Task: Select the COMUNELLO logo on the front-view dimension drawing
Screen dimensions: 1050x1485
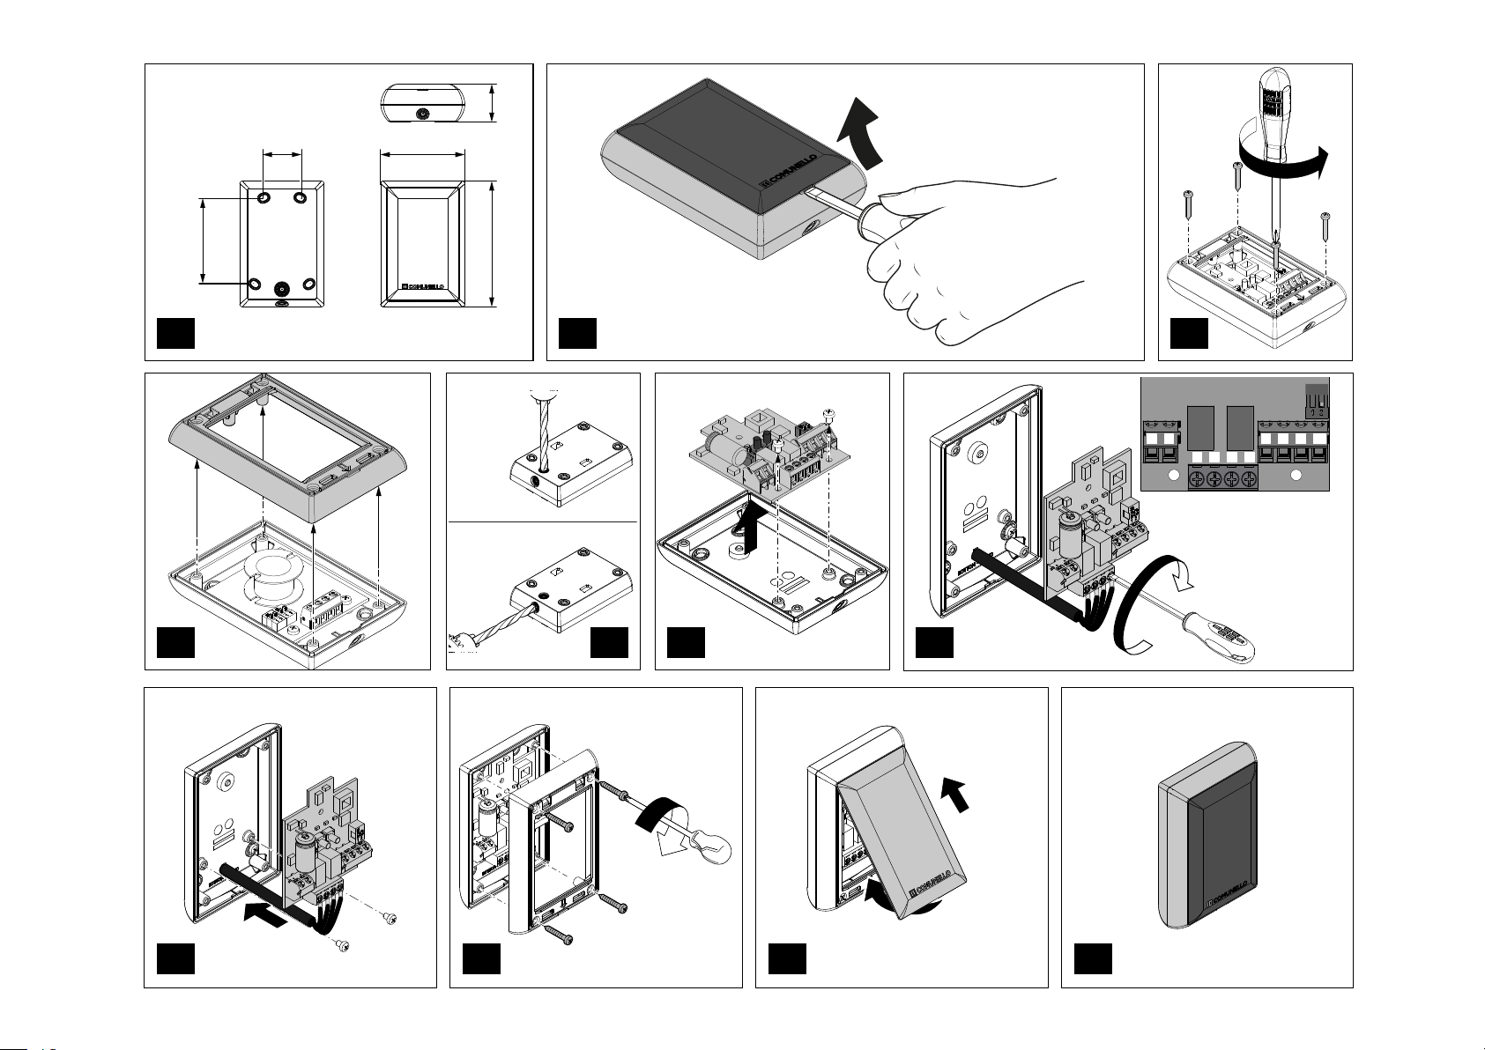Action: click(x=426, y=286)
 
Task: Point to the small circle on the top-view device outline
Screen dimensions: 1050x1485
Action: click(x=423, y=115)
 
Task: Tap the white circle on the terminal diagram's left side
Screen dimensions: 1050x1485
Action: click(x=1171, y=477)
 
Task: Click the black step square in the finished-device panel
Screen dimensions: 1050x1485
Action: click(x=1092, y=959)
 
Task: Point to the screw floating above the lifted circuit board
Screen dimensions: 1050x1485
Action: click(x=828, y=414)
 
